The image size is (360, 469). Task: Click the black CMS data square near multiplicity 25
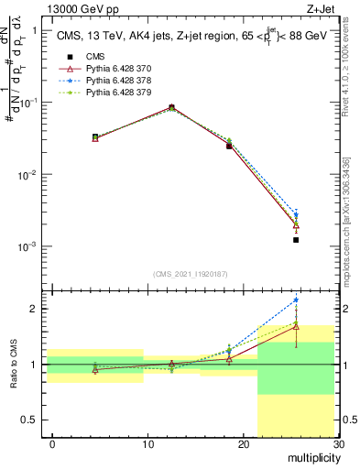296,240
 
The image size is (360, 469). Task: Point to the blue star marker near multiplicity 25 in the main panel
296,215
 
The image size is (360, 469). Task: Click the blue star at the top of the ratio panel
296,300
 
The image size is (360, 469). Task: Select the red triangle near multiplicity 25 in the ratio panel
296,326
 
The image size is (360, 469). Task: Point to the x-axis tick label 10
148,443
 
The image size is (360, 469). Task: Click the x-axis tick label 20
244,443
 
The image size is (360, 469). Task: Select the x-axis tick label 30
338,443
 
